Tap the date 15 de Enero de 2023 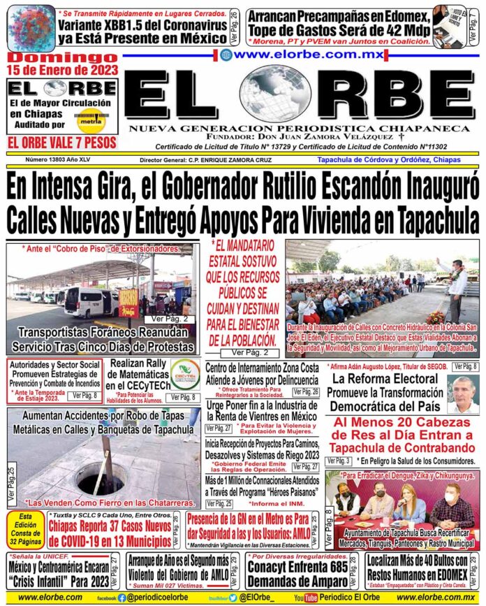61,70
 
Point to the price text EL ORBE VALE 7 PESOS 61,143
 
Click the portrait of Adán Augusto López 463,396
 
